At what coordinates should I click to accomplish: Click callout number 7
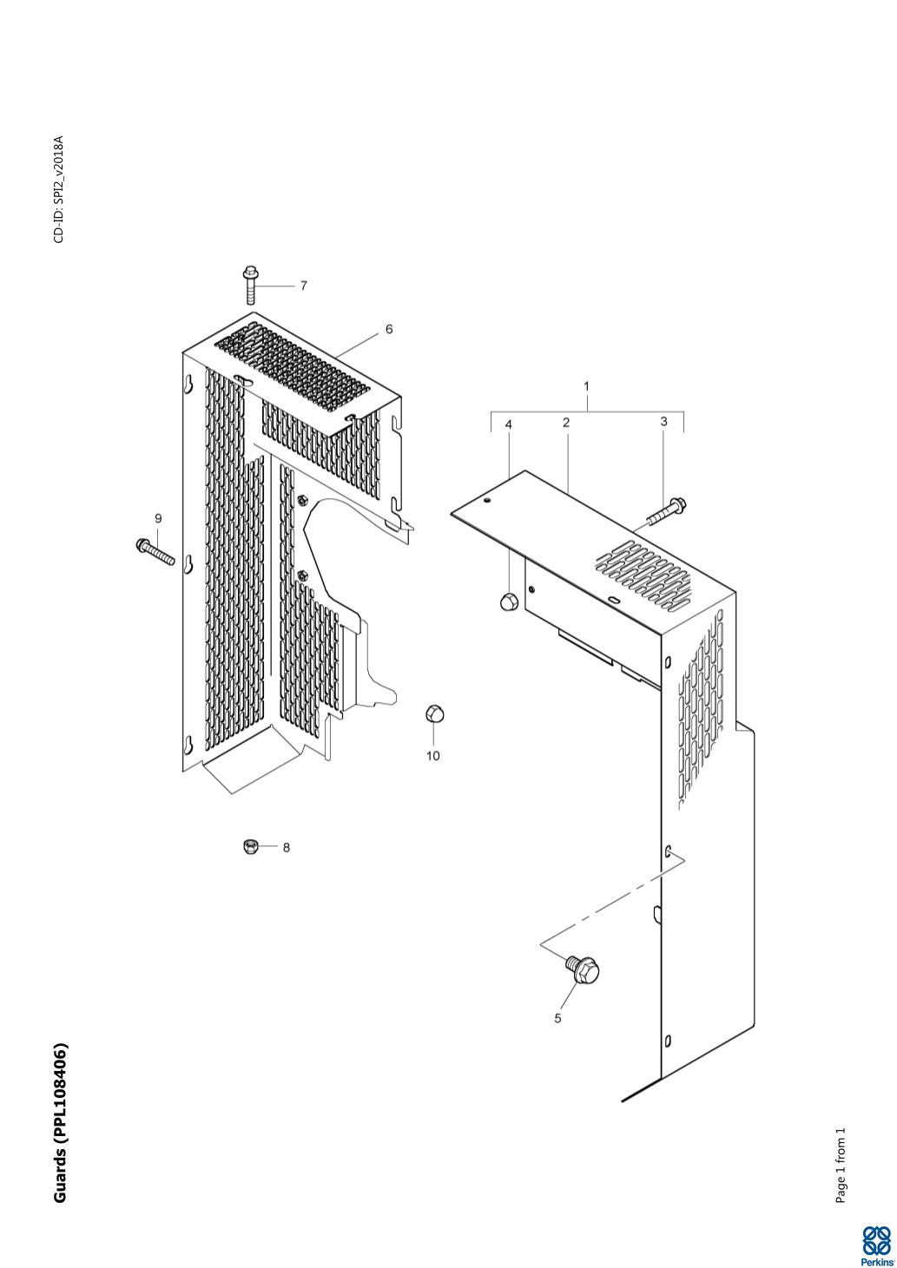pos(304,286)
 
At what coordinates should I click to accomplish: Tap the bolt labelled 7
pos(249,286)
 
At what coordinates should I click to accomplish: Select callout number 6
pos(389,329)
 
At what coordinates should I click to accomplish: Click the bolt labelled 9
pos(155,551)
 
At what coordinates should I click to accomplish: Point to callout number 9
pos(158,518)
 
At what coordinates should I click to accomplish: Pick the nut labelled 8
pos(250,847)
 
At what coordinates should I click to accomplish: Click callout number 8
pos(286,847)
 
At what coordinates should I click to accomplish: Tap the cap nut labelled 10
pos(434,713)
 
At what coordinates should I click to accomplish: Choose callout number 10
pos(432,756)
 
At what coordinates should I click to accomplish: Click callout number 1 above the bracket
pos(587,386)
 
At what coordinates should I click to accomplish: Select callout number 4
pos(509,424)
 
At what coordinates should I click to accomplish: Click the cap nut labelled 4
pos(509,601)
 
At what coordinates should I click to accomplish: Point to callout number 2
pos(565,423)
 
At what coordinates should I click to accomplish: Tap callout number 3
pos(663,421)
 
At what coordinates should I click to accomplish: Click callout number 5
pos(557,1018)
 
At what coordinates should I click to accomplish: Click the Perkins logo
pos(876,1244)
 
